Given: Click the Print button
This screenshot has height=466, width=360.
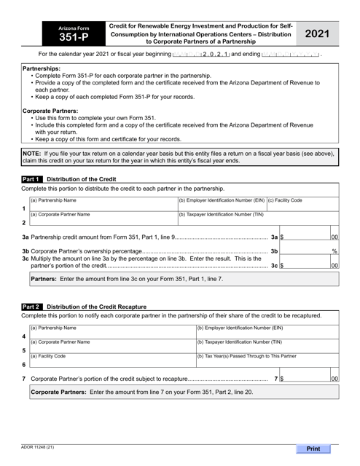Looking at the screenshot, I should coord(318,449).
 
